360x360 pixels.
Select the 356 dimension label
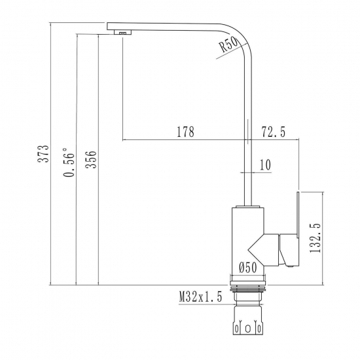pos(92,160)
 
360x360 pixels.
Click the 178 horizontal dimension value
pos(185,132)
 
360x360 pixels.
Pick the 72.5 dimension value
pos(274,132)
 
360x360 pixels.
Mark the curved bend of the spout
pos(238,35)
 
